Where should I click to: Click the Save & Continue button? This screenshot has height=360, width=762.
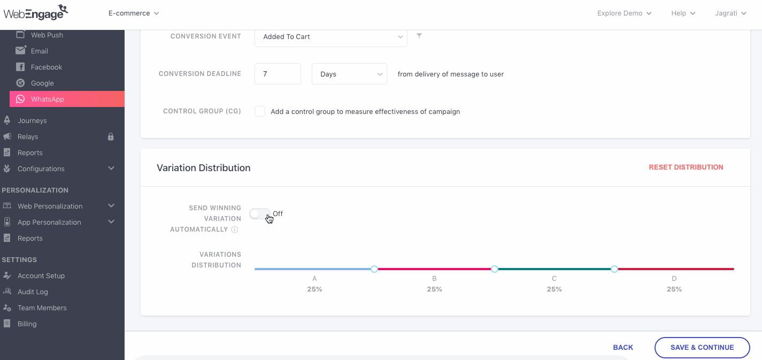point(702,347)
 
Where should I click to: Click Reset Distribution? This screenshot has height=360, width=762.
point(686,167)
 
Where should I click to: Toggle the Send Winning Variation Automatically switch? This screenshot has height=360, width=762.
point(260,214)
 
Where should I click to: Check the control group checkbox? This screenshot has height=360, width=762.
point(260,111)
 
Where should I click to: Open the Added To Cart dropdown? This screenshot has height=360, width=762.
point(330,37)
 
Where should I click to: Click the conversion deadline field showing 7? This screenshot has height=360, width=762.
point(278,74)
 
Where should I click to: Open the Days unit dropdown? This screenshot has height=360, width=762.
point(349,74)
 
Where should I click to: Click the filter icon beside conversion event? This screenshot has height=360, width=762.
point(419,36)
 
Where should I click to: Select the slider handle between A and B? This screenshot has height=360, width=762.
point(374,269)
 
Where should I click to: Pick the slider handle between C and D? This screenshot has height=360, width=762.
point(614,269)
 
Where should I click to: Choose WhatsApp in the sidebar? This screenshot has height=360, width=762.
point(48,99)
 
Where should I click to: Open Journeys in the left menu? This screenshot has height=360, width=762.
point(32,120)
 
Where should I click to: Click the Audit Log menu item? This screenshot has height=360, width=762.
point(33,292)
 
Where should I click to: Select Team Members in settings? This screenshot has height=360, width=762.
point(42,308)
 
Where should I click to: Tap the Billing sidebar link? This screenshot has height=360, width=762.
point(27,324)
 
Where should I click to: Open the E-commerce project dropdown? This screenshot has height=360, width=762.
point(134,13)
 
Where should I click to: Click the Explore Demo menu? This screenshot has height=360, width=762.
point(624,13)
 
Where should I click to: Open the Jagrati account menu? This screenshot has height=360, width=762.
point(730,13)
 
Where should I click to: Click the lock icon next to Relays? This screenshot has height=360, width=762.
point(111,136)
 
